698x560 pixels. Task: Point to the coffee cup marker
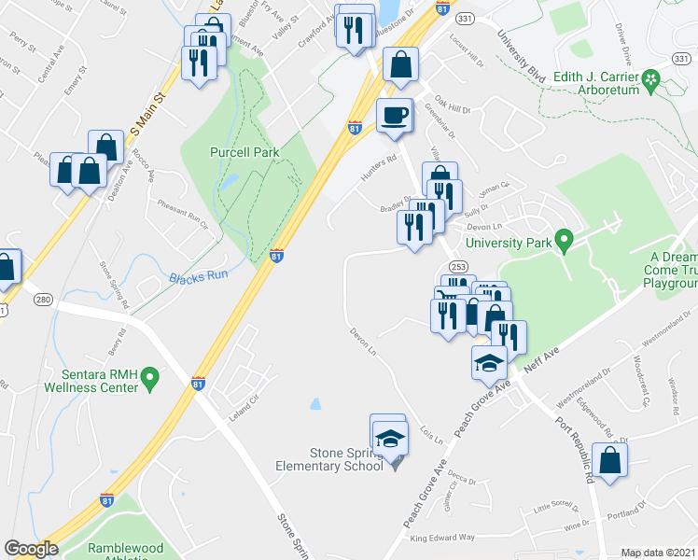(x=394, y=115)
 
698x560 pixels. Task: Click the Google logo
(x=31, y=549)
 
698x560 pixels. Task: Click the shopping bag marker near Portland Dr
(x=609, y=460)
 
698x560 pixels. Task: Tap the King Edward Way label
(x=443, y=538)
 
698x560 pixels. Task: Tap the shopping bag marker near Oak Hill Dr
(x=400, y=65)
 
